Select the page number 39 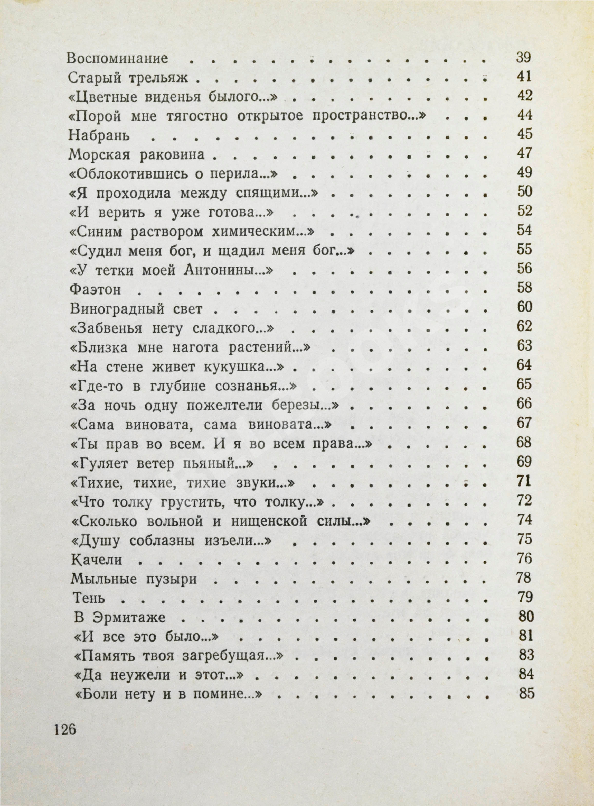523,58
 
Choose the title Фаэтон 95,290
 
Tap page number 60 524,307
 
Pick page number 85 527,693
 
